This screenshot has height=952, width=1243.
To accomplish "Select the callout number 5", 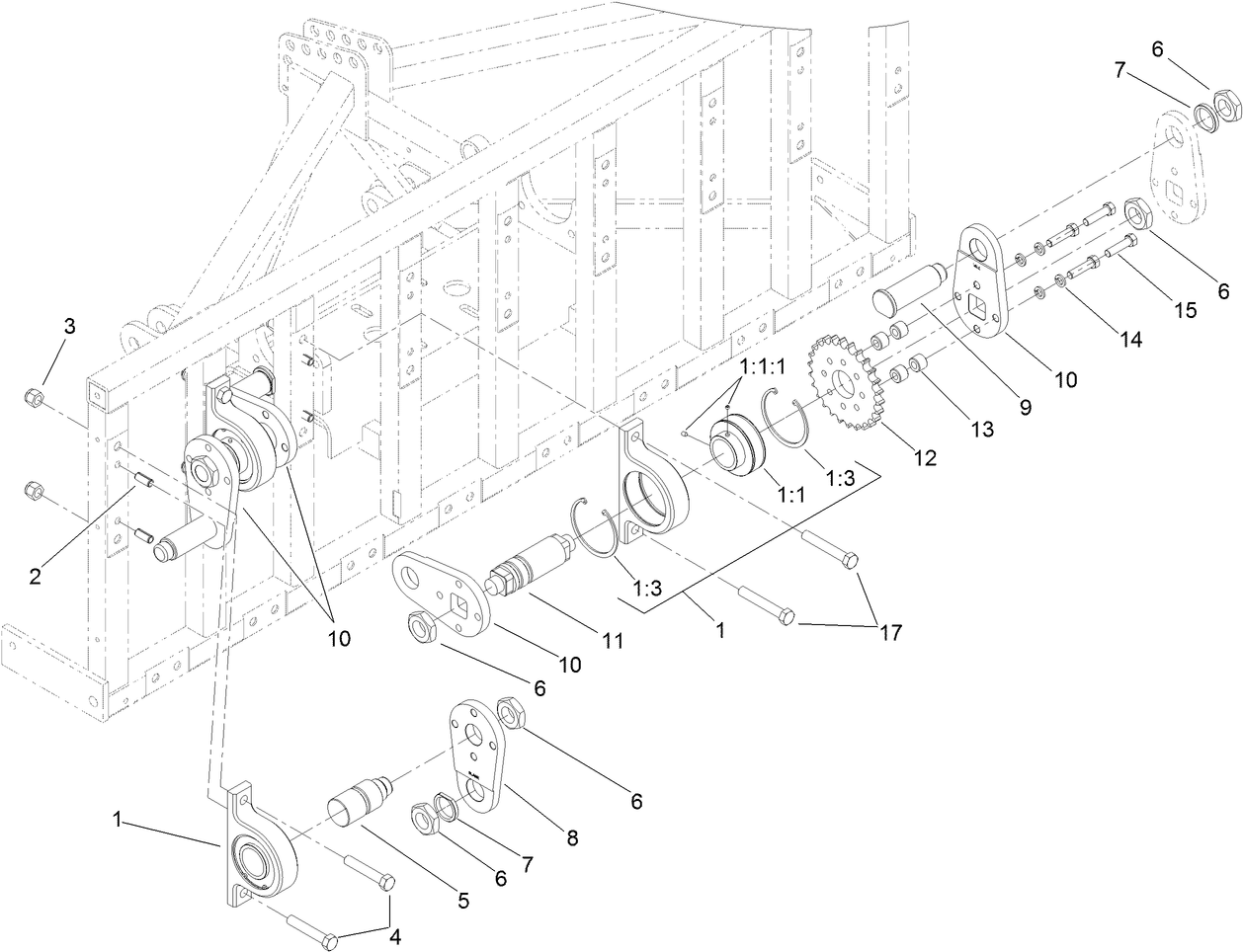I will coord(461,901).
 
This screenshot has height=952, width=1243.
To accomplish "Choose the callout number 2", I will coord(35,577).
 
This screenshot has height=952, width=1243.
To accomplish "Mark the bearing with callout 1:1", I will coord(735,450).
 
